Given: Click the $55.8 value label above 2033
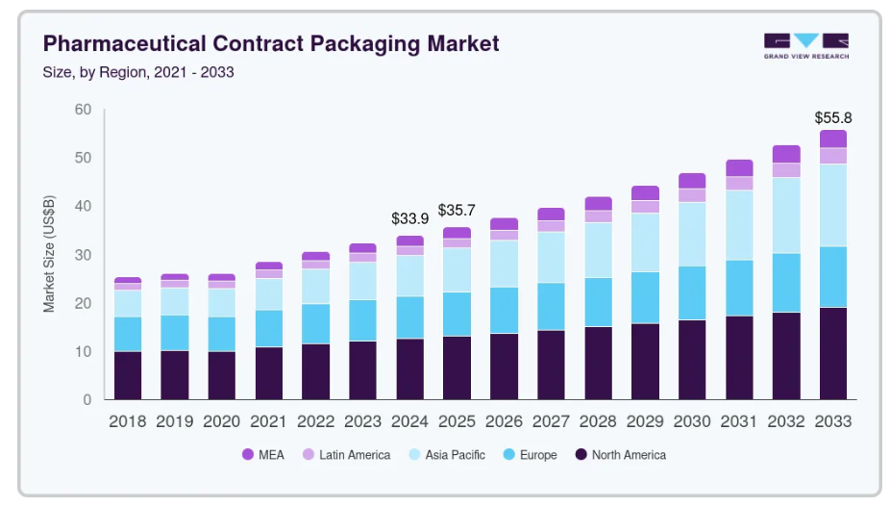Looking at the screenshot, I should pyautogui.click(x=832, y=118).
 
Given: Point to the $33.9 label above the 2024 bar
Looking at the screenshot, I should pyautogui.click(x=410, y=217).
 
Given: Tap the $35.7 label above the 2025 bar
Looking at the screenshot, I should pyautogui.click(x=457, y=210).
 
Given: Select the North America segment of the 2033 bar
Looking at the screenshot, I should pyautogui.click(x=832, y=353).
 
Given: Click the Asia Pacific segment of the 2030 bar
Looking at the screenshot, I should pyautogui.click(x=692, y=234).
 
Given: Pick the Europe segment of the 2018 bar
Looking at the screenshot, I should pyautogui.click(x=128, y=334).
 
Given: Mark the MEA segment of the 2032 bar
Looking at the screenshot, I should pyautogui.click(x=786, y=154).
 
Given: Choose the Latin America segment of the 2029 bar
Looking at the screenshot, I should pyautogui.click(x=645, y=207).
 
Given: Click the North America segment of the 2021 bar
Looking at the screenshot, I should pyautogui.click(x=269, y=372).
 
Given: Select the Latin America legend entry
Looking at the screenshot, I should pyautogui.click(x=347, y=455).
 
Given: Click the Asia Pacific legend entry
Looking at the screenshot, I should pyautogui.click(x=448, y=455).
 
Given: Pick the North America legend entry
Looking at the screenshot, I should pyautogui.click(x=620, y=455).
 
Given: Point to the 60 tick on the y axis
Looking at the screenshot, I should pyautogui.click(x=83, y=110).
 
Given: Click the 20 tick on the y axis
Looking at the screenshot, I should pyautogui.click(x=83, y=303).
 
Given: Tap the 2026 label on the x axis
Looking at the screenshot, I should pyautogui.click(x=504, y=421).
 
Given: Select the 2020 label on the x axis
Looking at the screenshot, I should pyautogui.click(x=221, y=421).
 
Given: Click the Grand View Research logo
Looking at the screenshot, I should pyautogui.click(x=805, y=45).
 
